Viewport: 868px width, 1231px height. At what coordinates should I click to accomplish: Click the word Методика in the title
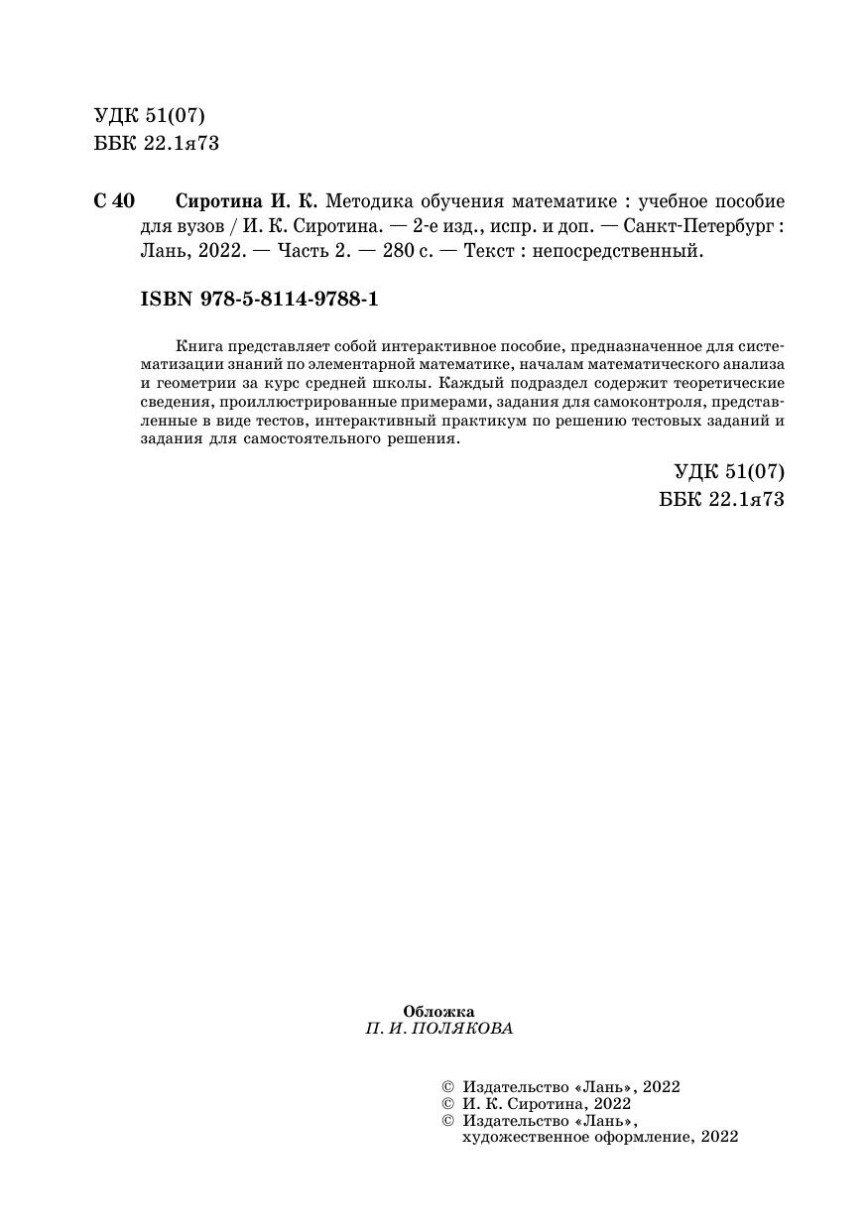[x=369, y=200]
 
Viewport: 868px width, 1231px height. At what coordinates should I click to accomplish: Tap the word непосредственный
[x=617, y=252]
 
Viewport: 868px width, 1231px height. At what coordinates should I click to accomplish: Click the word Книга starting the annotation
[x=196, y=346]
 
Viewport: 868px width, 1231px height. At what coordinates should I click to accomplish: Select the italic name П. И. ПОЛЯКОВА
[x=438, y=1029]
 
